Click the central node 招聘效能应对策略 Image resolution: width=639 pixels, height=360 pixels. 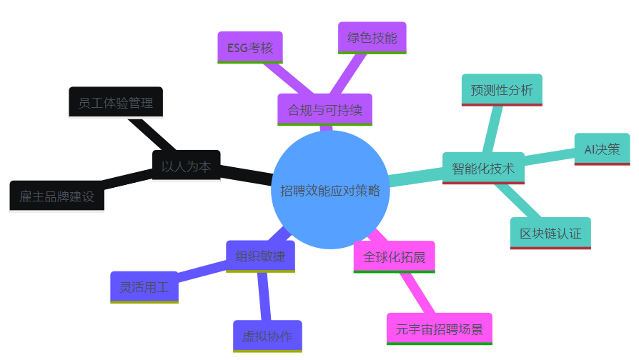point(330,191)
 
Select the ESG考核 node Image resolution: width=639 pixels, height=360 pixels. point(249,48)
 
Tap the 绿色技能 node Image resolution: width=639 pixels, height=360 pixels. point(371,38)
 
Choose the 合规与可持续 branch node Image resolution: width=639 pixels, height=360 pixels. point(325,110)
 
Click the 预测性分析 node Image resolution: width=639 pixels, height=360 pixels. point(502,90)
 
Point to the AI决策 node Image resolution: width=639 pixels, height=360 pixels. point(602,149)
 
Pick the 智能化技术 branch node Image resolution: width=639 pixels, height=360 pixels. point(483,169)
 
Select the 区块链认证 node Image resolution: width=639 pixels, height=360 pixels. point(550,233)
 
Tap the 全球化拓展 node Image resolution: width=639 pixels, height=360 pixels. point(394,256)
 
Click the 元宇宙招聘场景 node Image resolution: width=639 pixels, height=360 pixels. point(439,329)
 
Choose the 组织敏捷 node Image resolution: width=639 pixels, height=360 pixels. point(260,256)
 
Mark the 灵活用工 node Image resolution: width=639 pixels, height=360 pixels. point(144,287)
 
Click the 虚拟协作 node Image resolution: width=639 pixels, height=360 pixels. point(267,336)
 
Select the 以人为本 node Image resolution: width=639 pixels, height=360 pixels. point(186,166)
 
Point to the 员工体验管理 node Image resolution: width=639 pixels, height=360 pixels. point(116,103)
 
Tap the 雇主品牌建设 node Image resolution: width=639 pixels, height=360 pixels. point(57,197)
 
